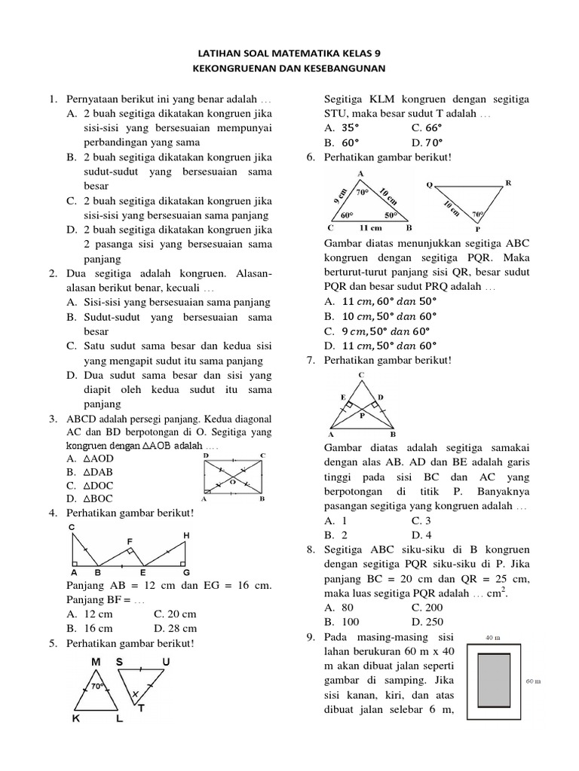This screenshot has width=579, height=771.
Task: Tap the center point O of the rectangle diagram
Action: click(234, 481)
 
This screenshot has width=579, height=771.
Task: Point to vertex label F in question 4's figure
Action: click(130, 541)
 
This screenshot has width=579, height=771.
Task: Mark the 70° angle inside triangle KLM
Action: click(97, 687)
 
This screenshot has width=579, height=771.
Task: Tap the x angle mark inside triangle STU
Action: click(135, 693)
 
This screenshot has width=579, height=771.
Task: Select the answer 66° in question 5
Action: click(427, 128)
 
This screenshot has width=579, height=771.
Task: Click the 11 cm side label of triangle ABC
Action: click(370, 227)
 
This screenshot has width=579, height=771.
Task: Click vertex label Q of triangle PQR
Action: click(429, 184)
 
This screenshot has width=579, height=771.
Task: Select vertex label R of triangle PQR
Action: click(508, 182)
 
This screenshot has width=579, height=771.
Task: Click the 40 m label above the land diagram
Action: click(494, 638)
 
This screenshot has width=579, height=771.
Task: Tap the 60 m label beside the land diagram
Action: click(532, 681)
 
